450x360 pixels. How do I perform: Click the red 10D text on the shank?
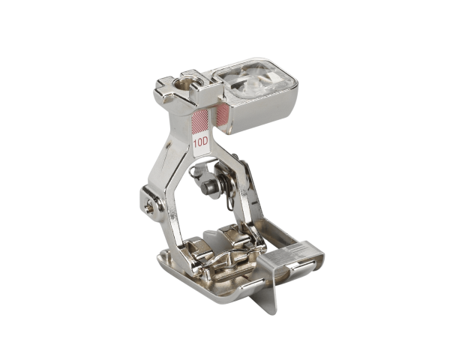coord(200,140)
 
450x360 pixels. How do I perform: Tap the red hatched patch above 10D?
coord(200,120)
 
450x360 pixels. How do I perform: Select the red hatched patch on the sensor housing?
coord(222,114)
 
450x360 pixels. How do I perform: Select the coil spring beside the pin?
coord(223,190)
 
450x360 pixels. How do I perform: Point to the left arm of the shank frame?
coord(168,172)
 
